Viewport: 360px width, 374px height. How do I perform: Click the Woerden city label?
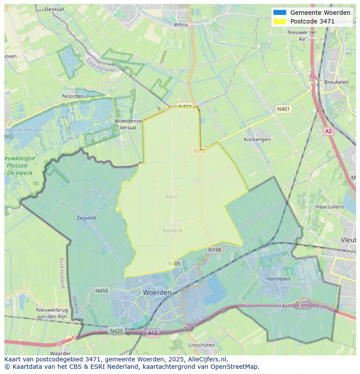tap(157, 293)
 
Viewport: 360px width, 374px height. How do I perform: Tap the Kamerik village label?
tap(173, 230)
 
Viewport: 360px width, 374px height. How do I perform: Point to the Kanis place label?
tap(172, 197)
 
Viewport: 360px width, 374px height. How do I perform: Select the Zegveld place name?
tap(86, 218)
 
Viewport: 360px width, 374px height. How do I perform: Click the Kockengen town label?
tap(257, 139)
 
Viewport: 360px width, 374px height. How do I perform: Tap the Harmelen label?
tap(278, 278)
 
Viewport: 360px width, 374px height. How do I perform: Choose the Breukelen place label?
tap(336, 82)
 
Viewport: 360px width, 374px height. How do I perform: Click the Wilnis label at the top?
tap(181, 25)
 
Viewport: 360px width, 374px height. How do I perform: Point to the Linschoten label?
tap(201, 345)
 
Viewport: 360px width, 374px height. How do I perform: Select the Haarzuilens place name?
tap(329, 207)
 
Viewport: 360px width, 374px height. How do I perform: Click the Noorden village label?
tap(73, 96)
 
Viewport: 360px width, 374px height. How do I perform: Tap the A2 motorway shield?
tap(328, 131)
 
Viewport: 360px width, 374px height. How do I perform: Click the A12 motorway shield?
tap(153, 333)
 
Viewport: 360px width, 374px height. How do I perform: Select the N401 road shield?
tap(283, 109)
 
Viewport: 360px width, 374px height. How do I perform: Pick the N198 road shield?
tap(215, 250)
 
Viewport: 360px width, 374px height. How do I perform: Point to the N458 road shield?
tap(102, 291)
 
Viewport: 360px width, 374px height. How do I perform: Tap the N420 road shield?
tap(116, 331)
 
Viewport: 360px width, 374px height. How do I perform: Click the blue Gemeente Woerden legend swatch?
tap(280, 13)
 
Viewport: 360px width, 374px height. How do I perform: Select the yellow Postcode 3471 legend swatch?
tap(280, 21)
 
